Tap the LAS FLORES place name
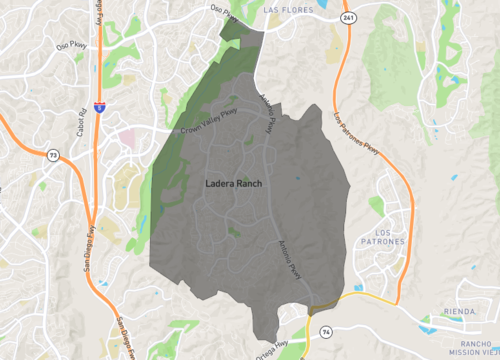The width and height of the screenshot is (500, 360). coord(290,10)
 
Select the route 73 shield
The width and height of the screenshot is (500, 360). coord(52,154)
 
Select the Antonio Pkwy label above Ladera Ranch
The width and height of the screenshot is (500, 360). coord(267,116)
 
